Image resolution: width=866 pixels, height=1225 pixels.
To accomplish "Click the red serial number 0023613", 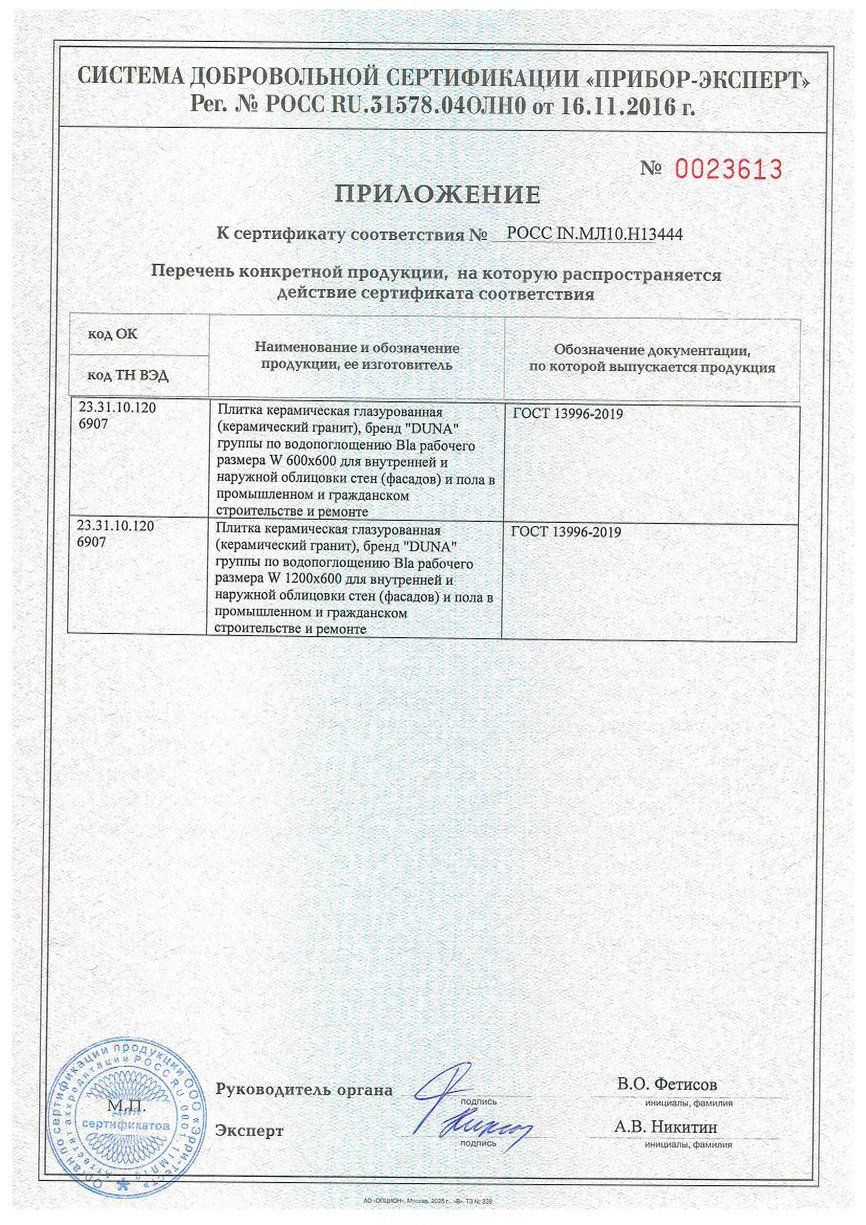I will [x=728, y=170].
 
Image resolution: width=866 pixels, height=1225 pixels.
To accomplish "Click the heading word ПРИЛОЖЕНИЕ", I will [x=437, y=195].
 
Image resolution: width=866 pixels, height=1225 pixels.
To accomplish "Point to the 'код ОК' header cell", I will [x=113, y=334].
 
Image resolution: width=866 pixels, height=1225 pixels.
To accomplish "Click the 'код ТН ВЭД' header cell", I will [x=128, y=376].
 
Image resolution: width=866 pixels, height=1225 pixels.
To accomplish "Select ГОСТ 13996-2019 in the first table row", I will [x=568, y=414].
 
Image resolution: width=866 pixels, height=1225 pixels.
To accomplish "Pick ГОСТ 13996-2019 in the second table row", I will [x=566, y=532].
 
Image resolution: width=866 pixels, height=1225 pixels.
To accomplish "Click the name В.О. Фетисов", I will [x=667, y=1084].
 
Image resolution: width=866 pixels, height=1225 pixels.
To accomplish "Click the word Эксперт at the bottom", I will [x=249, y=1131].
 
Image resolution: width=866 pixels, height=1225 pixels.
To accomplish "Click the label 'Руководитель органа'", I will [x=304, y=1089].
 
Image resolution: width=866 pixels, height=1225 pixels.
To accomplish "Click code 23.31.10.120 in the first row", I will [x=117, y=408].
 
